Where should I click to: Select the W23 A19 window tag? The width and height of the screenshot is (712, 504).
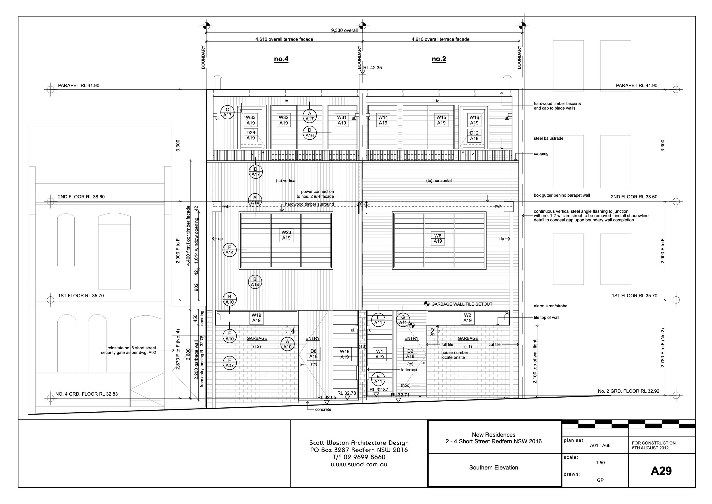(x=286, y=235)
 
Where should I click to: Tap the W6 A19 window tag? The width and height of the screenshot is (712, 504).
(x=438, y=239)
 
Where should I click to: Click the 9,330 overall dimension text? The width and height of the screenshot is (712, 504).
(x=344, y=30)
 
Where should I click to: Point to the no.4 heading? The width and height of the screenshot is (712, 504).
(x=281, y=59)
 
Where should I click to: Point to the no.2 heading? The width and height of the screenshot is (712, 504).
(x=439, y=59)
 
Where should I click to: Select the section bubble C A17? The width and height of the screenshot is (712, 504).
(x=227, y=112)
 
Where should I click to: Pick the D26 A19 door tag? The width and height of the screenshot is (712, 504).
(x=251, y=135)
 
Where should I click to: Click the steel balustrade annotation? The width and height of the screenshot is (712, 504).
(x=548, y=139)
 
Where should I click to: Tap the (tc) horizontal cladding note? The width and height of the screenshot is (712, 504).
(x=439, y=181)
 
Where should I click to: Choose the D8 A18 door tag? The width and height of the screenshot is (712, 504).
(x=313, y=354)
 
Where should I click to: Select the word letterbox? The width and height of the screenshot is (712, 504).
(x=409, y=370)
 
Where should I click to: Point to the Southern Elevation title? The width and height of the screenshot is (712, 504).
(x=494, y=468)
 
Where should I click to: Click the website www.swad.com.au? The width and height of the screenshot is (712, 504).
(x=359, y=465)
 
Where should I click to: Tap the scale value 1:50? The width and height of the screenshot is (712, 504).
(x=600, y=463)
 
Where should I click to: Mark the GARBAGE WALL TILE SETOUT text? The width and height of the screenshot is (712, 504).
(x=461, y=304)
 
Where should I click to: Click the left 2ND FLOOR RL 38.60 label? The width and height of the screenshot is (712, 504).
(x=81, y=197)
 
